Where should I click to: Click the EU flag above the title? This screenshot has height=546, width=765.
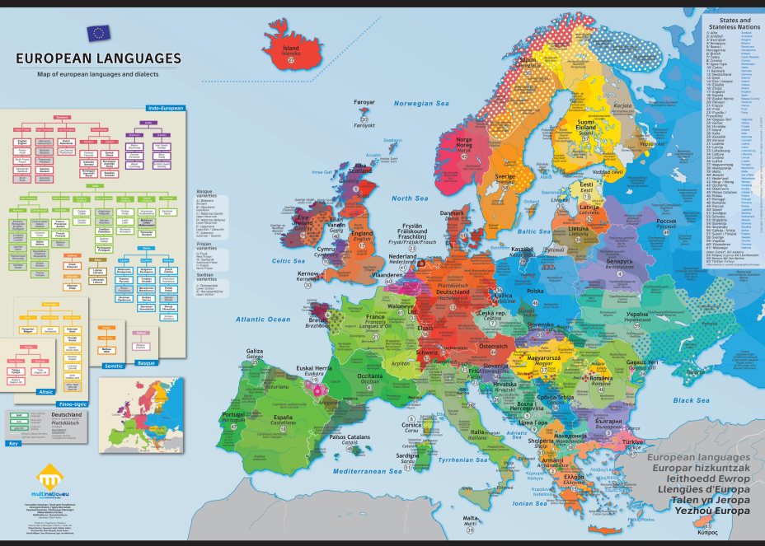pyautogui.click(x=98, y=33)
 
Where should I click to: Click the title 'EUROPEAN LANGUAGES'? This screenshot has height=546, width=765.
pyautogui.click(x=98, y=58)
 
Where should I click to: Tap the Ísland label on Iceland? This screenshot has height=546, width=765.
pyautogui.click(x=291, y=49)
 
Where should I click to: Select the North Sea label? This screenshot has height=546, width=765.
pyautogui.click(x=410, y=198)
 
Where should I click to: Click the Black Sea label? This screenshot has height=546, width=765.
pyautogui.click(x=691, y=400)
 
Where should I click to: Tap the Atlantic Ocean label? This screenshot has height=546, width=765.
pyautogui.click(x=263, y=319)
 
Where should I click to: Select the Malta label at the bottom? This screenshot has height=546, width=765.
pyautogui.click(x=470, y=518)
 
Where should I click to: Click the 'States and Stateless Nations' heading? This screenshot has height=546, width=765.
pyautogui.click(x=734, y=24)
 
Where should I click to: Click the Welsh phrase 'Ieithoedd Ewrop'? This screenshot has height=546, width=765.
pyautogui.click(x=698, y=478)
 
